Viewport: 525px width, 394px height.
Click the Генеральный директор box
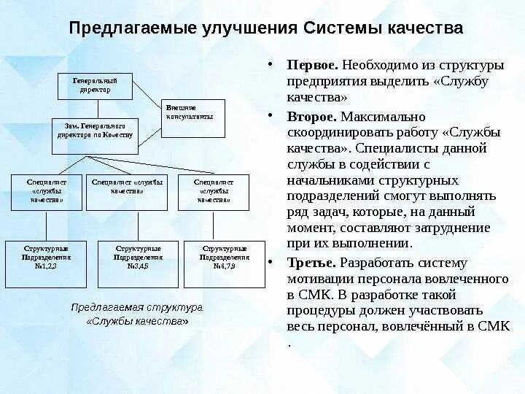pos(95,85)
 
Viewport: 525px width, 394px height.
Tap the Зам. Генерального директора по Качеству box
pos(95,135)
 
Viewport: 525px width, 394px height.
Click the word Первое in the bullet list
pos(311,65)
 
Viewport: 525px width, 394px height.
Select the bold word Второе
pos(311,117)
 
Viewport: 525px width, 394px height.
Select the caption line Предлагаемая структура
pos(136,306)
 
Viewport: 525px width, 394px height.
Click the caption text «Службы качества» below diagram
pos(136,322)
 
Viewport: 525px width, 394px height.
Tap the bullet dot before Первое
pos(270,64)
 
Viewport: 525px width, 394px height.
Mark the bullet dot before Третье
pos(270,262)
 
